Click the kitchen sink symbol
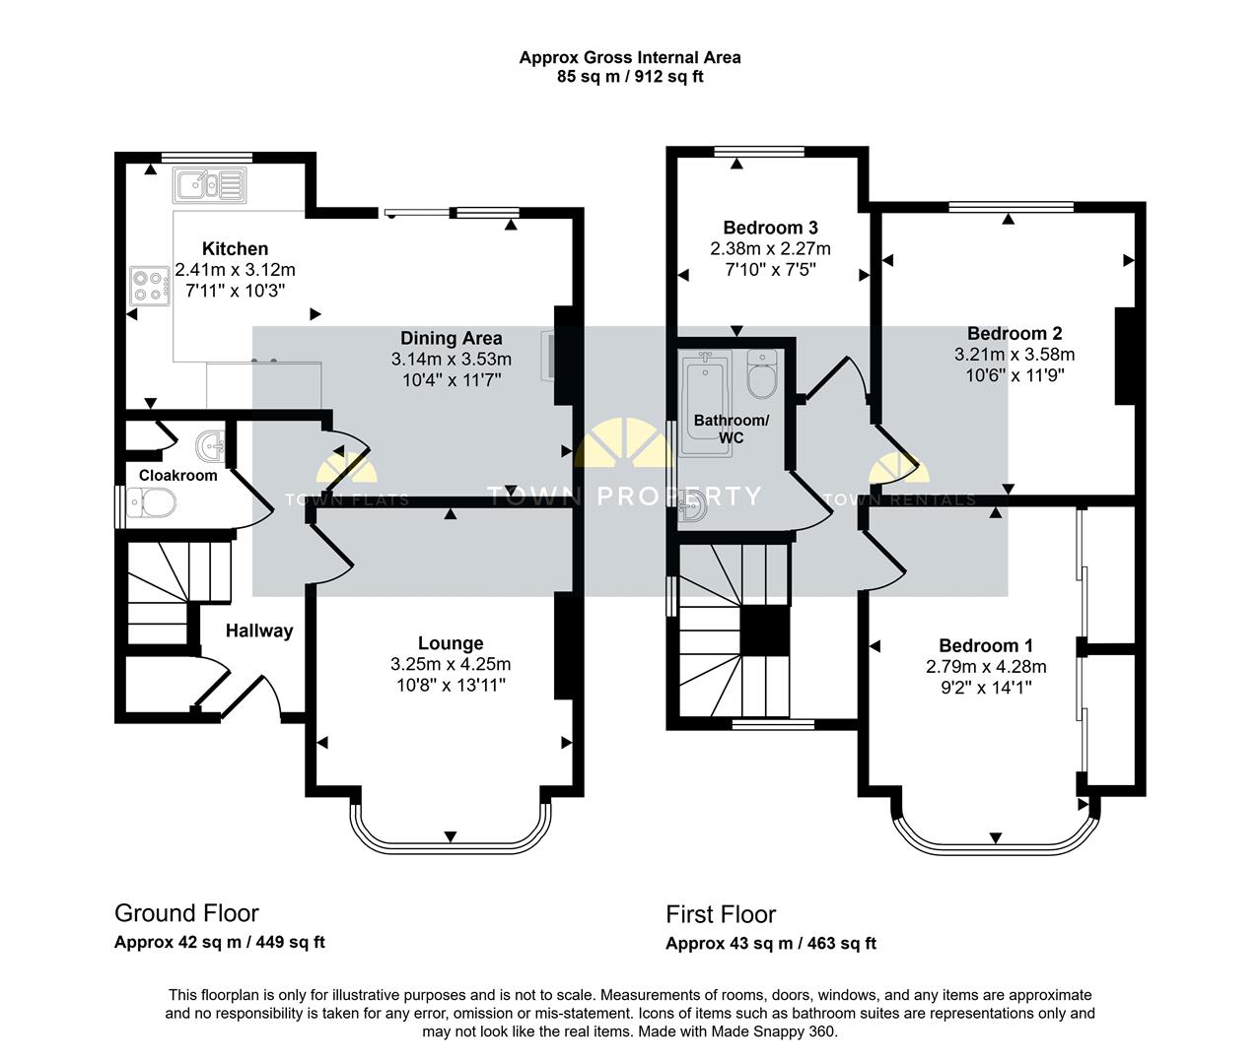[x=210, y=185]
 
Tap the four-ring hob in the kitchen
[x=150, y=286]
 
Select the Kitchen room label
[x=235, y=248]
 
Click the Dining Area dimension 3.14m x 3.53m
[x=452, y=359]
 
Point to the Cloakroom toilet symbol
[x=151, y=502]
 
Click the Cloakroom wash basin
[x=211, y=446]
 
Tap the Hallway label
[x=259, y=631]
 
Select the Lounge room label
[x=451, y=643]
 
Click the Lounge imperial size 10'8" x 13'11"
[x=451, y=686]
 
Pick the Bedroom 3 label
[x=771, y=228]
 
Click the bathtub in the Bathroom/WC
[x=706, y=403]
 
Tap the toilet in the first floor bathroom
[x=762, y=373]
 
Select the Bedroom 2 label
[x=1015, y=333]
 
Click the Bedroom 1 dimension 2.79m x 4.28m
[x=986, y=667]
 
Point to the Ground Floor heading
[x=186, y=913]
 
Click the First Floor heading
[x=721, y=914]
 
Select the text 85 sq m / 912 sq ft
[x=630, y=77]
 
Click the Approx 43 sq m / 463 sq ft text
[x=771, y=944]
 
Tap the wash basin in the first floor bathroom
[x=693, y=506]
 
